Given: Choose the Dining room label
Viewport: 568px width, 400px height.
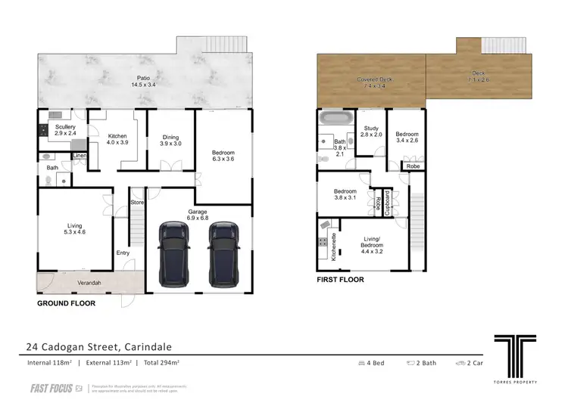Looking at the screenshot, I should (x=170, y=139).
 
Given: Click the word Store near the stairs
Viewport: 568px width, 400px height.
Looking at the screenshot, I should (x=137, y=202).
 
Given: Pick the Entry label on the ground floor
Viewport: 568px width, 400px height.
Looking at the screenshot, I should (x=123, y=253).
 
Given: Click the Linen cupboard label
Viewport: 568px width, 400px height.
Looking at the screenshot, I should (x=80, y=156).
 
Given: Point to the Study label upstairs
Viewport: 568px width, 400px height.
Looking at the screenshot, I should (x=370, y=131).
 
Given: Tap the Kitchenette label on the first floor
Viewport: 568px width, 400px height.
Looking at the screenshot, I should (x=334, y=247).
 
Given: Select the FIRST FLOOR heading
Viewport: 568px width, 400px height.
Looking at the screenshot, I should (x=340, y=280).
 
